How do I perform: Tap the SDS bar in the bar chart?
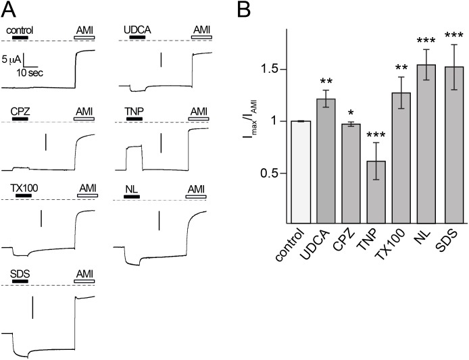[x=455, y=145]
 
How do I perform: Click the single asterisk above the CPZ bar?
[x=351, y=113]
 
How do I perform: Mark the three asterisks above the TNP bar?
[x=376, y=135]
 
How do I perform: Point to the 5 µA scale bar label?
[x=11, y=60]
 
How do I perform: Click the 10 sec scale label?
[x=30, y=73]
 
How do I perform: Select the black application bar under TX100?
[x=24, y=196]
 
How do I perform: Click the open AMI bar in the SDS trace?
[x=84, y=282]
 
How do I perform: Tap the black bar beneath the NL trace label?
[x=132, y=197]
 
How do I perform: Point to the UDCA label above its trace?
[x=137, y=30]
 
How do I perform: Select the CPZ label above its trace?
[x=20, y=111]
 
